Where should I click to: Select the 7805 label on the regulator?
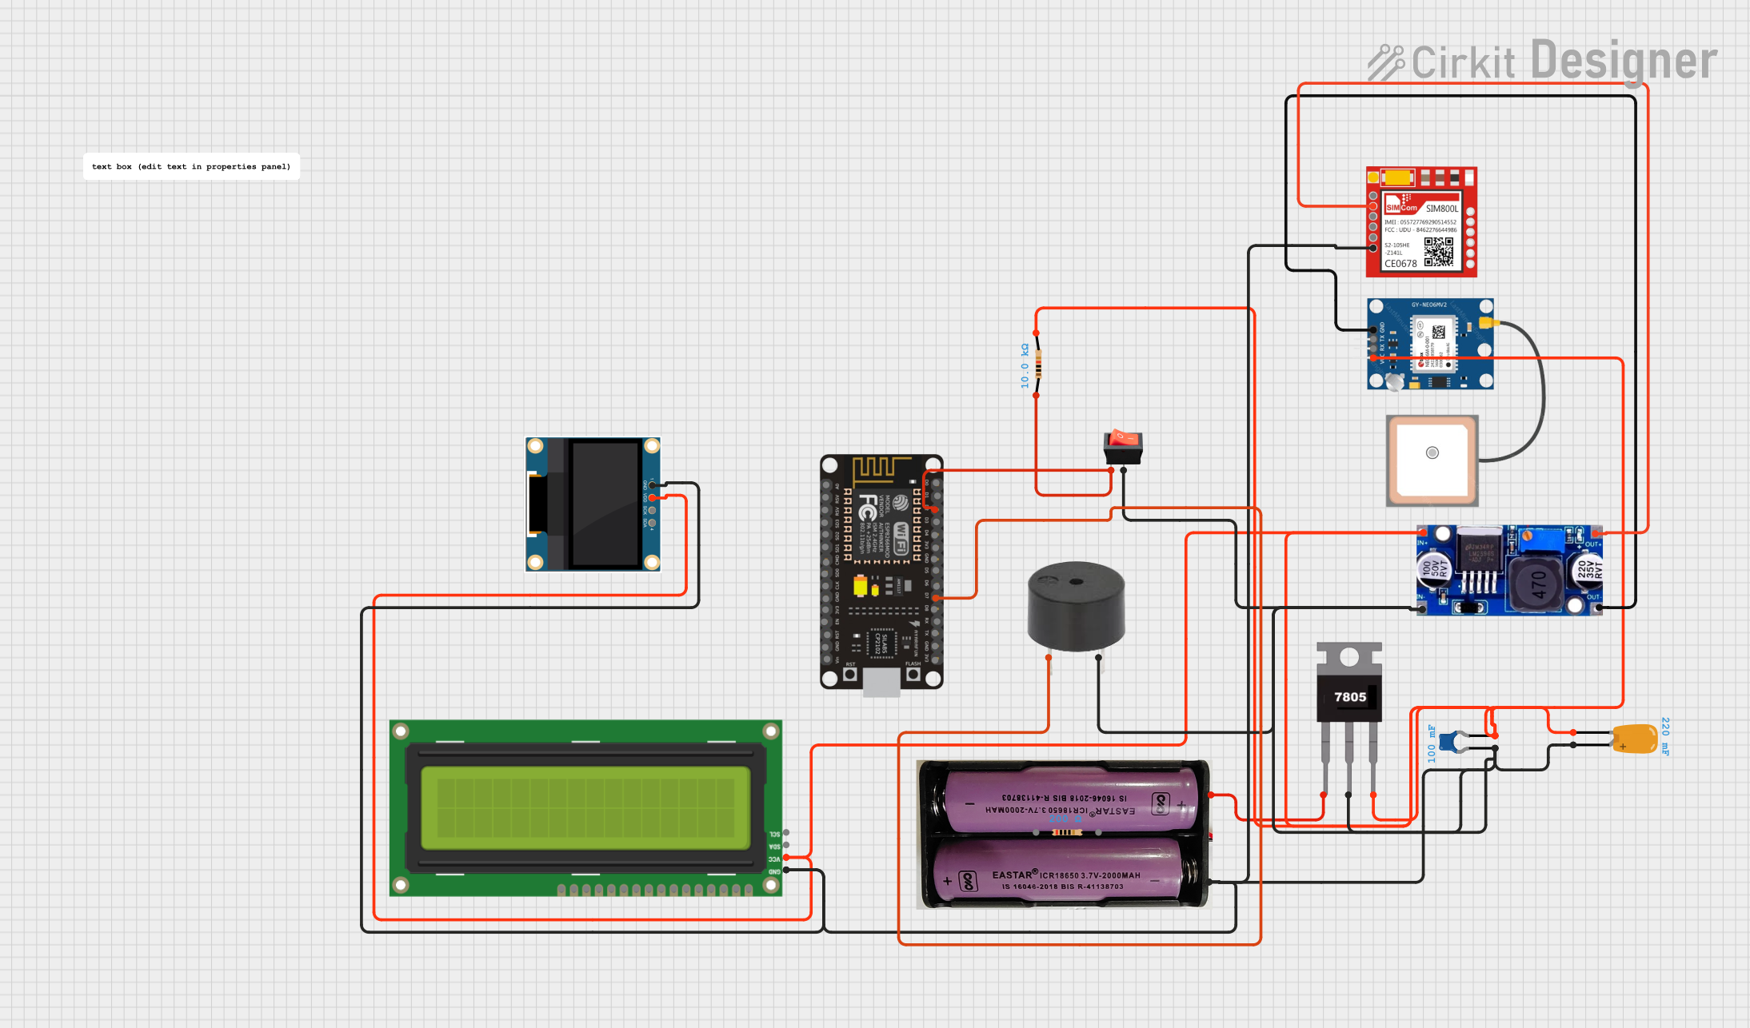pos(1349,697)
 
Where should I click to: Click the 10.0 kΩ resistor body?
pos(1037,364)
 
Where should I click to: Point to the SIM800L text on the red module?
pos(1441,209)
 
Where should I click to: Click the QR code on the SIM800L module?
pos(1438,251)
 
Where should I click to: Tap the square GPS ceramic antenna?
pos(1432,460)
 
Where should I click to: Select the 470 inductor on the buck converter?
pos(1536,584)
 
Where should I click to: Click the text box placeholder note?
pos(191,166)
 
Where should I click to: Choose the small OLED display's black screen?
pos(605,504)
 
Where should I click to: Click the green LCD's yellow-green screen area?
pos(585,807)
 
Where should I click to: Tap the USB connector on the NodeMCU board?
pos(881,682)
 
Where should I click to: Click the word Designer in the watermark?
pos(1624,61)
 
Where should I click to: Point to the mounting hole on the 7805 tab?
pos(1349,657)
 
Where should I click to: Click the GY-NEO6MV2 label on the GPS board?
pos(1428,305)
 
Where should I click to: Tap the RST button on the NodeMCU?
pos(850,674)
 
